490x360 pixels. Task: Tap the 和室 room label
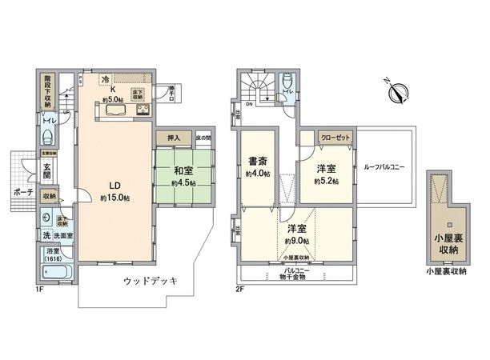[181, 170]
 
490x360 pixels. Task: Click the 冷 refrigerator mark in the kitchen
[106, 80]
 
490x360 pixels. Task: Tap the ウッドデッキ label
[150, 281]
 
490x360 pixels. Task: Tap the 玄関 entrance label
[47, 171]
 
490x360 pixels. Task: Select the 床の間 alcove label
[203, 138]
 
